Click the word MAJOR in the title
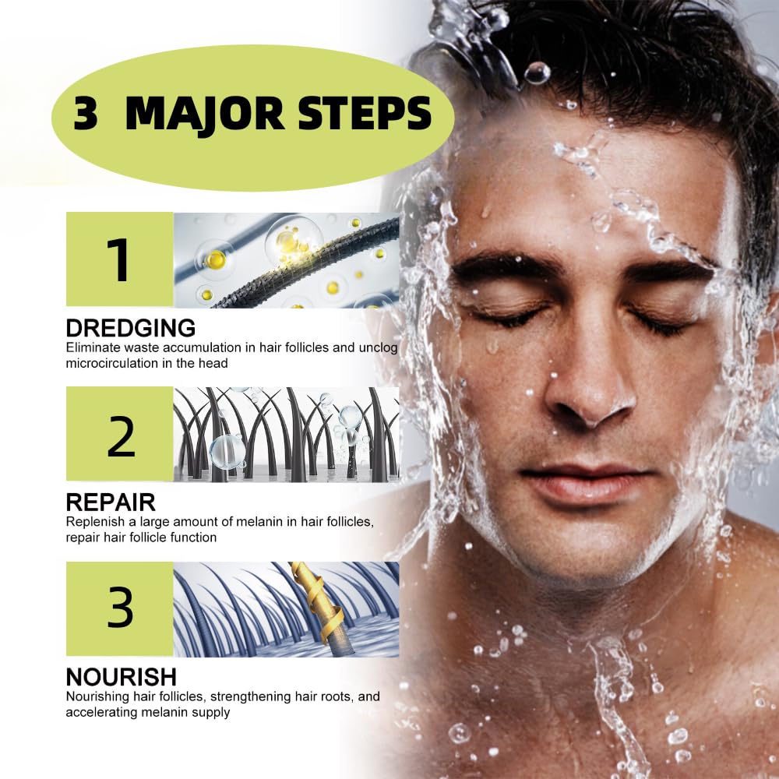205,115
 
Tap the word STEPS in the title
365,114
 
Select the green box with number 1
120,259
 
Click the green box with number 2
120,434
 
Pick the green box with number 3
120,608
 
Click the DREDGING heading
131,329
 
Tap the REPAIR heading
111,502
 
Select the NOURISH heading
122,677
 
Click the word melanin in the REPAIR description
259,522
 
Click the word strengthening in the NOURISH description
251,697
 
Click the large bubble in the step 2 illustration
226,451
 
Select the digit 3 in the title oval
85,115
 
